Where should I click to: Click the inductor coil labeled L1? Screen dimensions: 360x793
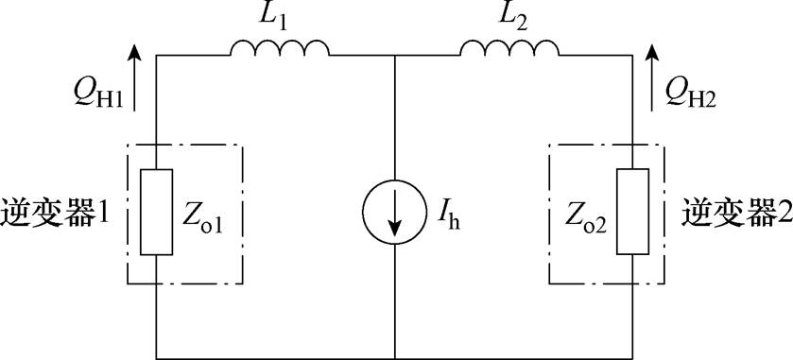click(280, 47)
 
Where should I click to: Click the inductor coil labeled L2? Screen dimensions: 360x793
click(509, 47)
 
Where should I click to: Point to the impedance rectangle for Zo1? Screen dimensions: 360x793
click(156, 214)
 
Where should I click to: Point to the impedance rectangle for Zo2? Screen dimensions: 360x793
click(630, 214)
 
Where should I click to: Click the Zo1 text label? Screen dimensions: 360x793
click(207, 215)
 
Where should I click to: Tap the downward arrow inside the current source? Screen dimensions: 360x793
click(394, 215)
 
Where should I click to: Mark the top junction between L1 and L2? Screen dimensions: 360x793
click(394, 57)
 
